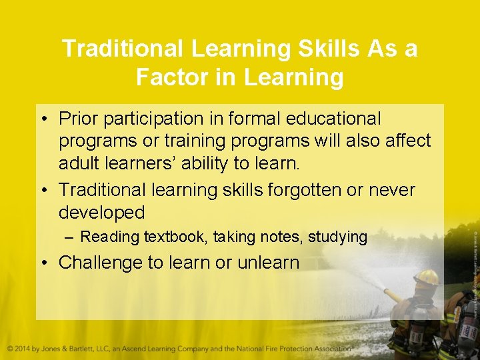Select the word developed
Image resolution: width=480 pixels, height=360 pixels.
(x=101, y=213)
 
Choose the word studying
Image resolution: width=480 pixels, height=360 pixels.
(x=339, y=237)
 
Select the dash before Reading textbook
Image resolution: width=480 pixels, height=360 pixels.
(x=69, y=237)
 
